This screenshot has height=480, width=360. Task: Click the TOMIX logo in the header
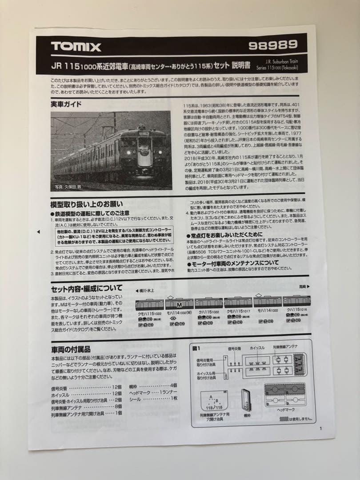[76, 47]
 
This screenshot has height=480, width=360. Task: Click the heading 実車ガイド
[66, 104]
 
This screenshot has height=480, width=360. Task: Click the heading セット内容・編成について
[87, 288]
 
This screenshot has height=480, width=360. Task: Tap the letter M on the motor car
[180, 305]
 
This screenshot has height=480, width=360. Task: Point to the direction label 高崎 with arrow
[304, 287]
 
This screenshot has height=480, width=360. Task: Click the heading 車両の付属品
[71, 349]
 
